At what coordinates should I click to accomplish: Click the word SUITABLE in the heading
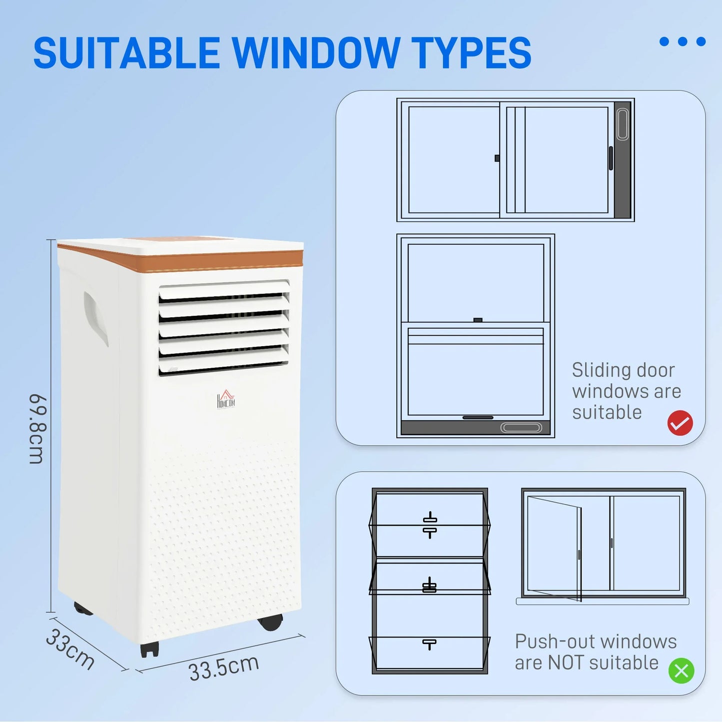[x=126, y=53]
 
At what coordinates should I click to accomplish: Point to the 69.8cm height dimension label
[x=37, y=429]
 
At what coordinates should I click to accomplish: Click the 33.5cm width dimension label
[x=223, y=668]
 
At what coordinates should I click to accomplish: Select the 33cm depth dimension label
[x=70, y=649]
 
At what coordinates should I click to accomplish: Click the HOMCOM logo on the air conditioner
[x=226, y=399]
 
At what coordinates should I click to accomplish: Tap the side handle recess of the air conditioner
[x=95, y=318]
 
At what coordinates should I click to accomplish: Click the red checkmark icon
[x=680, y=423]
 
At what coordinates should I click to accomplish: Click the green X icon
[x=682, y=671]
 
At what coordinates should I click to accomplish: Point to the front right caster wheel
[x=271, y=622]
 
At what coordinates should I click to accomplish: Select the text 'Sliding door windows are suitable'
[x=626, y=391]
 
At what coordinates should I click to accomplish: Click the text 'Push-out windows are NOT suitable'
[x=596, y=652]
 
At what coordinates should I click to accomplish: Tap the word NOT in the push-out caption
[x=565, y=663]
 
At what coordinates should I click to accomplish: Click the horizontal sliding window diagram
[x=515, y=160]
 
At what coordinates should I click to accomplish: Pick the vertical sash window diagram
[x=475, y=335]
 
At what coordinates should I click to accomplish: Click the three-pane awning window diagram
[x=430, y=581]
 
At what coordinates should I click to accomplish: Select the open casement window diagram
[x=603, y=546]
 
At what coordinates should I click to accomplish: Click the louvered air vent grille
[x=224, y=327]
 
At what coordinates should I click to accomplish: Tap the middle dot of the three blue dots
[x=683, y=41]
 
